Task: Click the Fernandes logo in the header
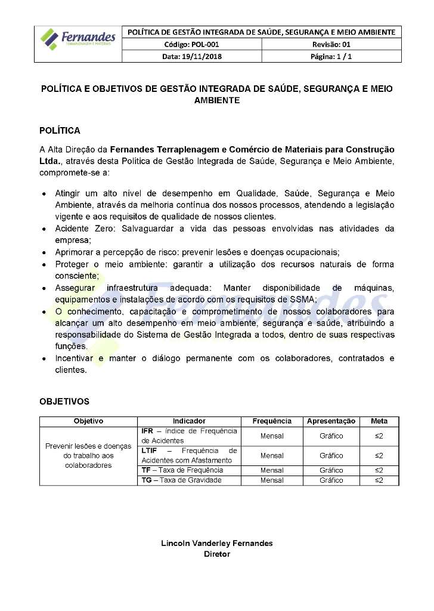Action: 77,39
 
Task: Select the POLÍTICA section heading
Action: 60,131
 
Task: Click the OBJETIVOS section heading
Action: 64,402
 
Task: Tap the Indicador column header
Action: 189,421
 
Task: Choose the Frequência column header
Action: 272,421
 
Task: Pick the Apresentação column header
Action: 331,421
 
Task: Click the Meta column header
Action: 379,421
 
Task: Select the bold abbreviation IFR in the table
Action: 147,431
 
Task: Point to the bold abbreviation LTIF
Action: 150,450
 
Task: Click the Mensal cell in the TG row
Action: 272,480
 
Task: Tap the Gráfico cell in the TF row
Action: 331,471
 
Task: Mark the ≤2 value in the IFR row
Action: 379,436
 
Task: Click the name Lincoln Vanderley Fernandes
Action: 217,544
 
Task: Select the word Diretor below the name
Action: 217,554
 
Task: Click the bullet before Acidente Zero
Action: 45,229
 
